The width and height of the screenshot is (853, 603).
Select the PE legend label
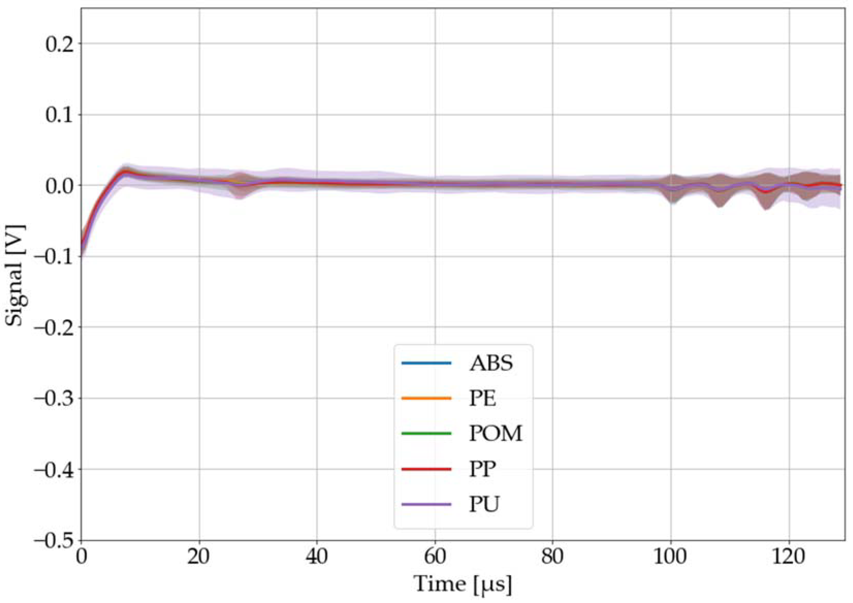coord(482,398)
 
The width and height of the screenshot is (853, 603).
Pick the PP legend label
coord(482,469)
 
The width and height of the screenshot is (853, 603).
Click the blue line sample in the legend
coord(426,363)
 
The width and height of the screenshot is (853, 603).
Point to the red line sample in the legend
coord(426,469)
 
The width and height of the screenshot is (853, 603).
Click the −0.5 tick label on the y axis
coord(55,540)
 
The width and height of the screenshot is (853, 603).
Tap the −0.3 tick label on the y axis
coord(55,398)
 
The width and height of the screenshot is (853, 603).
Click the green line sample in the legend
coord(426,434)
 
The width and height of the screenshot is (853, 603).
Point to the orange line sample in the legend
coord(426,398)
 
